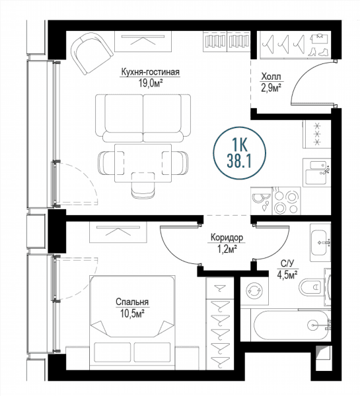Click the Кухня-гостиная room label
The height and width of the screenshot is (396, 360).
click(150, 72)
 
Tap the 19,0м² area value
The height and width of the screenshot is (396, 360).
click(150, 83)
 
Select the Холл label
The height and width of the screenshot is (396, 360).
click(271, 77)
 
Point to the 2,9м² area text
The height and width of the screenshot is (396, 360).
click(271, 88)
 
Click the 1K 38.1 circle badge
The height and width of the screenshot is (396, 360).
click(239, 153)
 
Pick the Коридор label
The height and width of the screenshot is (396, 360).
click(227, 238)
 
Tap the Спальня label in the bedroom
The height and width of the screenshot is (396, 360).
click(132, 302)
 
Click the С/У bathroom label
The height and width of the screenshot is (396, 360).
click(287, 263)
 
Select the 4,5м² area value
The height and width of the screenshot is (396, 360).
click(287, 275)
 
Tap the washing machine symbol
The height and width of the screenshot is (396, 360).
click(254, 291)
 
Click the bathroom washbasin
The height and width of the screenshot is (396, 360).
click(320, 243)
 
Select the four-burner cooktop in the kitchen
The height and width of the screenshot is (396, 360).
click(286, 201)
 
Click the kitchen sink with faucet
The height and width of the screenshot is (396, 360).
click(316, 172)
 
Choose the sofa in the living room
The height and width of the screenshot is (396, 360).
click(143, 117)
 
